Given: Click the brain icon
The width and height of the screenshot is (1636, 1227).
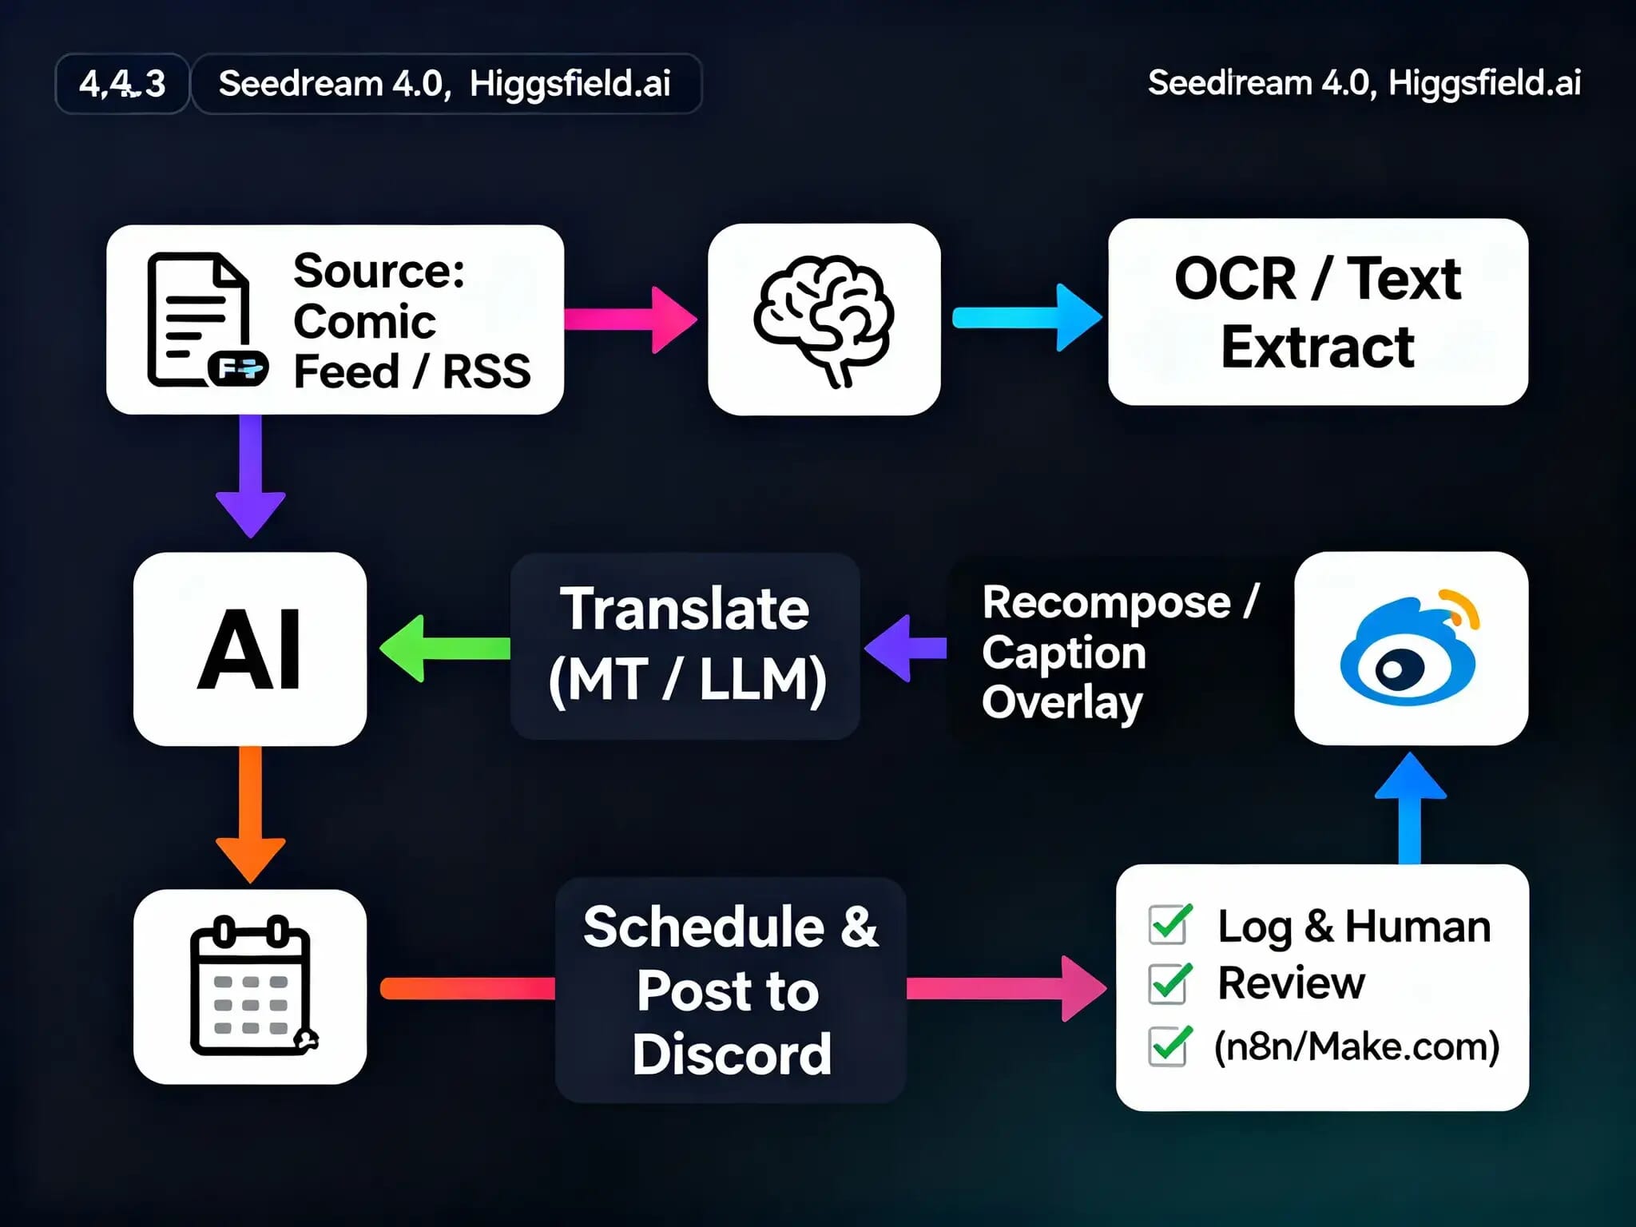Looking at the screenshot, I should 824,320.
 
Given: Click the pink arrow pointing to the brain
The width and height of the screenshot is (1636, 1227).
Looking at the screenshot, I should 631,320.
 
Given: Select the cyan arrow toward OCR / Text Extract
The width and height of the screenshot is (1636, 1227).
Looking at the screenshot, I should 1027,318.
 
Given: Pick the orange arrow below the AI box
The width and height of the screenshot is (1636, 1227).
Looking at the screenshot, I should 251,815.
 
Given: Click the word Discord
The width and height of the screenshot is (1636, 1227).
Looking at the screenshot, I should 732,1054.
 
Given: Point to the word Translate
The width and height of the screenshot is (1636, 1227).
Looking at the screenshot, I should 685,610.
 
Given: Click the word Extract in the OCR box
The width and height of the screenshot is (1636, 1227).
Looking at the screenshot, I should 1317,347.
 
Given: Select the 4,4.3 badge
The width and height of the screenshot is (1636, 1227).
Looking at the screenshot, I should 122,84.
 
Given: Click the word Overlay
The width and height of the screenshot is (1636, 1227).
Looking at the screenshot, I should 1062,702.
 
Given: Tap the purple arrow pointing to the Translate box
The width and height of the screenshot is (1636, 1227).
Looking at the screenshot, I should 906,648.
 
